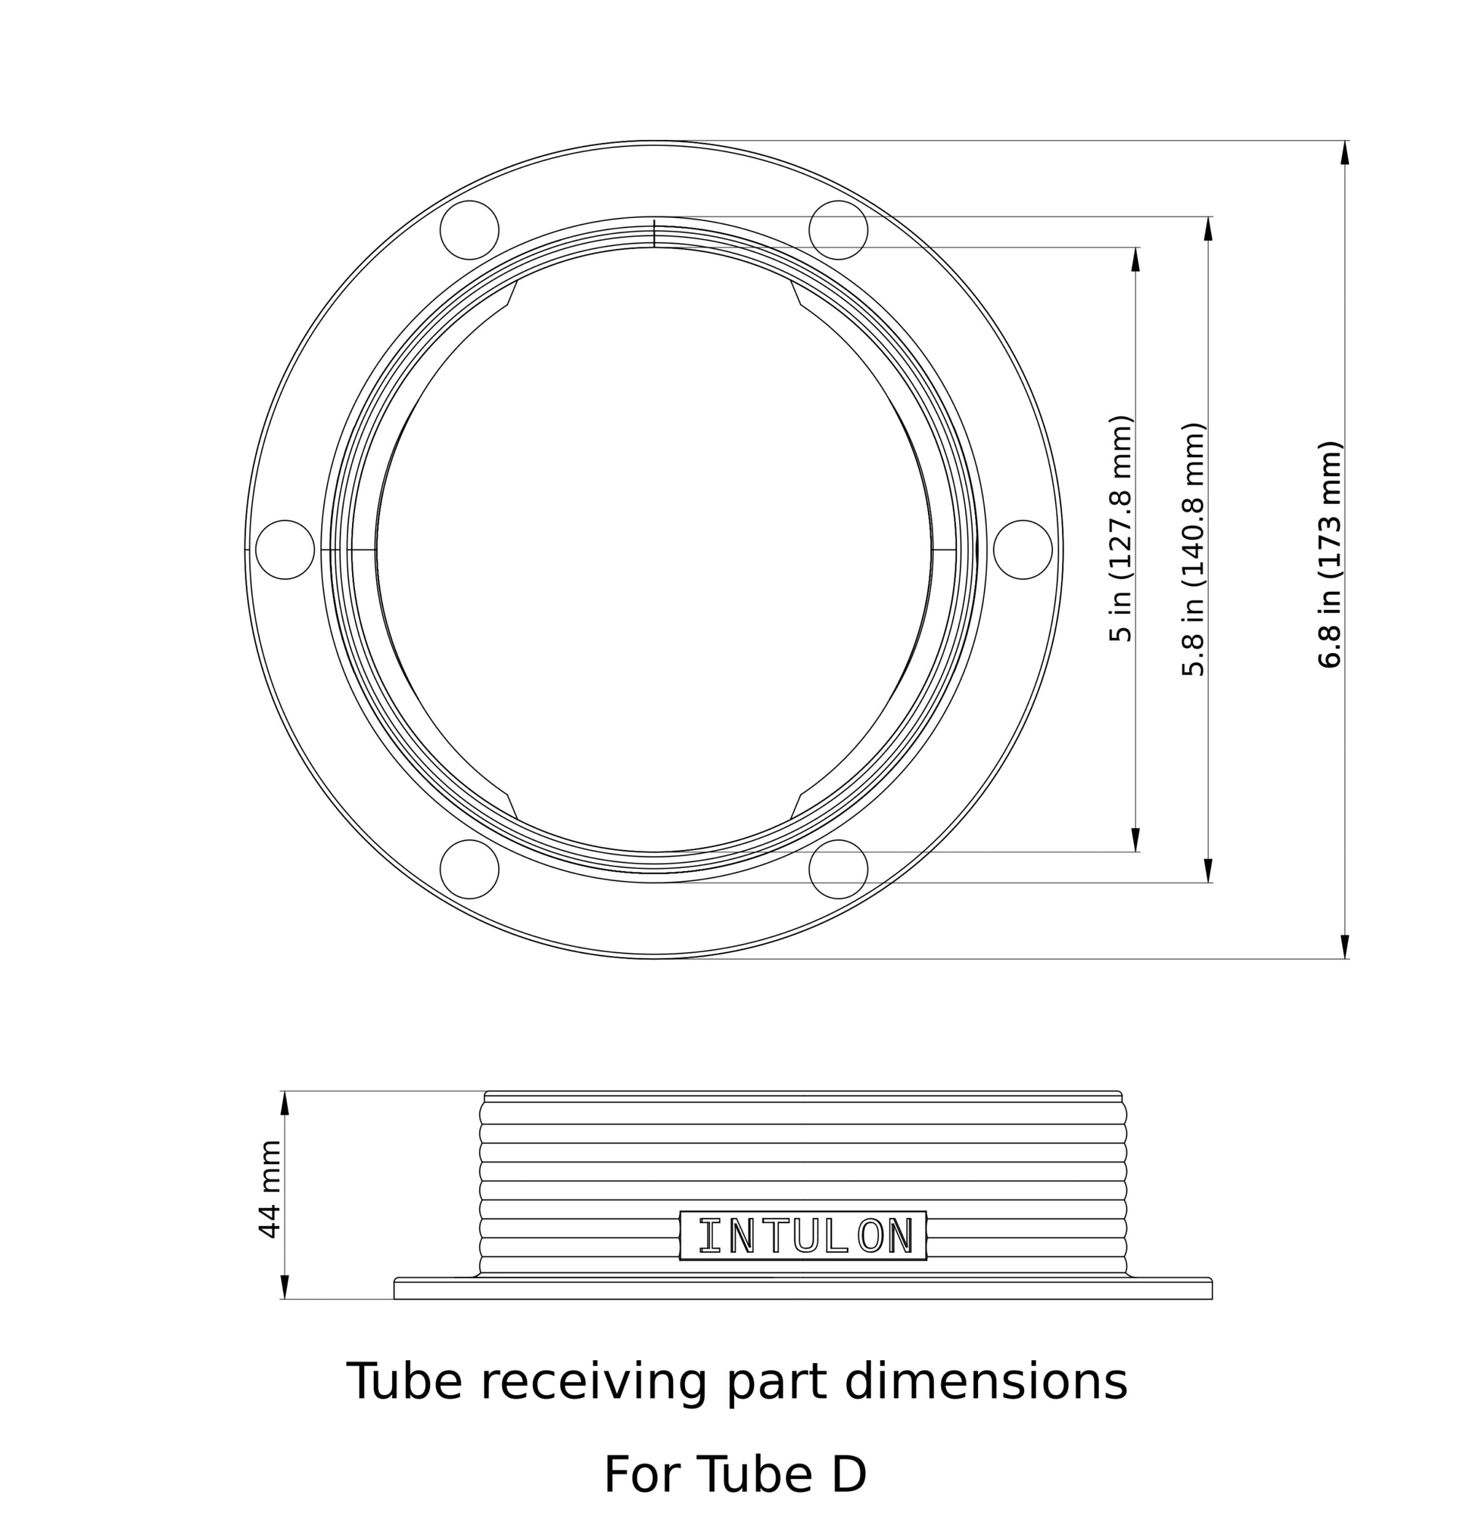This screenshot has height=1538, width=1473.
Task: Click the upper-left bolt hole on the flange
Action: pyautogui.click(x=469, y=230)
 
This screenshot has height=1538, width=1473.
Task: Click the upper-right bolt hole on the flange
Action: pyautogui.click(x=837, y=230)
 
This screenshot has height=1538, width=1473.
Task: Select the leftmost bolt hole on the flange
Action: pyautogui.click(x=285, y=550)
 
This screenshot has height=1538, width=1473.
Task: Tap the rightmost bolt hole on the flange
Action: pyautogui.click(x=1022, y=550)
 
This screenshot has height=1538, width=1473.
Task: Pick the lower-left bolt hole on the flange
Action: pyautogui.click(x=469, y=869)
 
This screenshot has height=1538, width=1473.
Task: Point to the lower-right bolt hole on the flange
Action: pyautogui.click(x=837, y=869)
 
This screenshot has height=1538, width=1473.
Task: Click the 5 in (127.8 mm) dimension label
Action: pyautogui.click(x=1120, y=528)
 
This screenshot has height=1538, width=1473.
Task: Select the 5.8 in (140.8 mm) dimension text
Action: pyautogui.click(x=1192, y=550)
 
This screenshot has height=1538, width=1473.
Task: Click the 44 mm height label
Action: pyautogui.click(x=269, y=1190)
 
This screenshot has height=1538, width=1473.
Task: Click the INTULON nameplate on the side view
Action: pyautogui.click(x=802, y=1235)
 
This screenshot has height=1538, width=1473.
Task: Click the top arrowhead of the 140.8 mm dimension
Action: pyautogui.click(x=1207, y=229)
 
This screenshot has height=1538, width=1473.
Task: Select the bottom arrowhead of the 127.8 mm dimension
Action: pyautogui.click(x=1135, y=839)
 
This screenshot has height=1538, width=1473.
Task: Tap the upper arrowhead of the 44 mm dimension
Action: pyautogui.click(x=285, y=1103)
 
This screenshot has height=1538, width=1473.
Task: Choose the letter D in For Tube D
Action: pyautogui.click(x=848, y=1474)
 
